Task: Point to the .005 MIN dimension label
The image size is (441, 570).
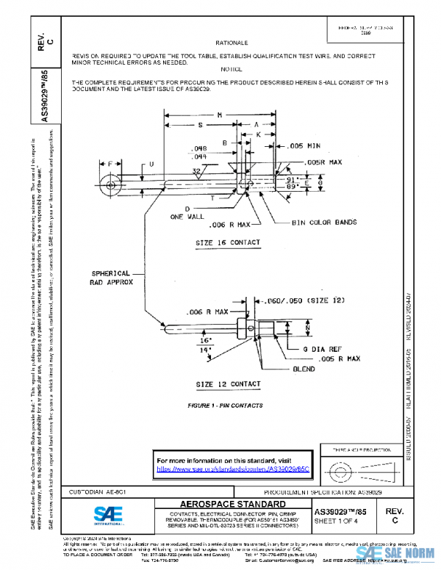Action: point(304,145)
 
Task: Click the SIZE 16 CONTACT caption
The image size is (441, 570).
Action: point(227,242)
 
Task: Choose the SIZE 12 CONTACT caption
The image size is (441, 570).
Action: point(227,384)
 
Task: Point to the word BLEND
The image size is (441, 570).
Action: point(304,369)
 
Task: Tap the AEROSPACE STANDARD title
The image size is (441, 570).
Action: point(218,504)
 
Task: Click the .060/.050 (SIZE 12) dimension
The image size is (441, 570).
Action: point(298,300)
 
